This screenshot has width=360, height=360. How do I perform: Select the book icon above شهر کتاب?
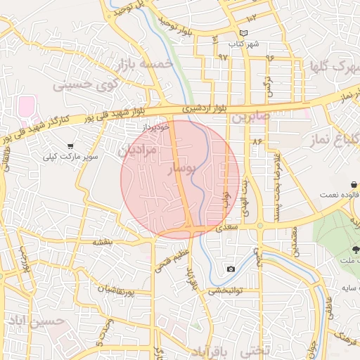click(244, 33)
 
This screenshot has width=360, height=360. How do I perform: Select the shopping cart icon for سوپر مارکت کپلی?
click(70, 146)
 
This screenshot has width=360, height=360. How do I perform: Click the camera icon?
click(231, 269)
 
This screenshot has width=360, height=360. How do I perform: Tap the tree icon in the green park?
click(356, 248)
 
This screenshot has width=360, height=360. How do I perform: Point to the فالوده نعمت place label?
click(330, 194)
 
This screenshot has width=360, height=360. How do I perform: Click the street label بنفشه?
click(103, 242)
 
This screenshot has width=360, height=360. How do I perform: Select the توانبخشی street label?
click(226, 289)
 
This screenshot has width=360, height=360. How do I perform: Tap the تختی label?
click(256, 349)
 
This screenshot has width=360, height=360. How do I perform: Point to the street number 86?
click(256, 141)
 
